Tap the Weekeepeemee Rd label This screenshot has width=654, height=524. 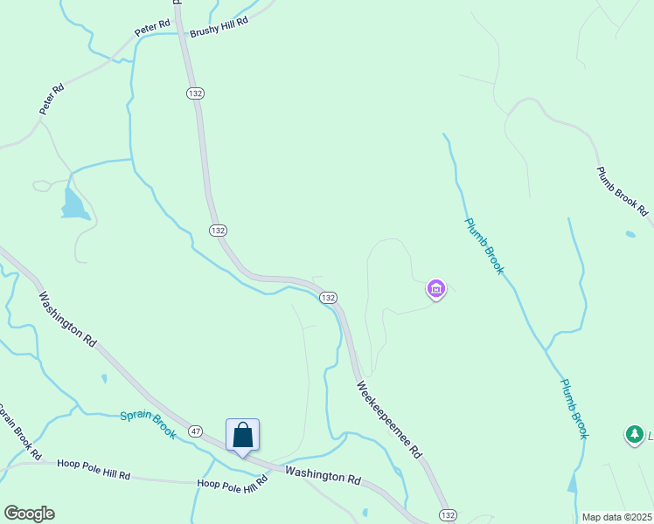[389, 420]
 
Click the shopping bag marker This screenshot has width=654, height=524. [242, 435]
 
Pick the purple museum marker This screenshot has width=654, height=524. [435, 287]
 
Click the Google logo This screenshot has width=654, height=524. [29, 514]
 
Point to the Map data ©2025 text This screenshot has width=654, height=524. [616, 517]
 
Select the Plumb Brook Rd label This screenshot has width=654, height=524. [622, 191]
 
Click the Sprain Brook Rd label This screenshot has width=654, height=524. [17, 432]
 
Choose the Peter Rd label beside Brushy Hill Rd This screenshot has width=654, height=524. [150, 29]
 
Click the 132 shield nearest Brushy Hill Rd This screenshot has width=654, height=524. [195, 93]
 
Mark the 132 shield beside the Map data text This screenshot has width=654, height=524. [448, 515]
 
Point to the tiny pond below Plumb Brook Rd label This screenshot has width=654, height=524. [630, 234]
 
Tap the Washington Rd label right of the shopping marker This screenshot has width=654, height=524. [323, 476]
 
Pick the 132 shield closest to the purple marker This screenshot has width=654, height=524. [328, 298]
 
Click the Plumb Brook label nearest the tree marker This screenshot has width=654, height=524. [574, 409]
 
